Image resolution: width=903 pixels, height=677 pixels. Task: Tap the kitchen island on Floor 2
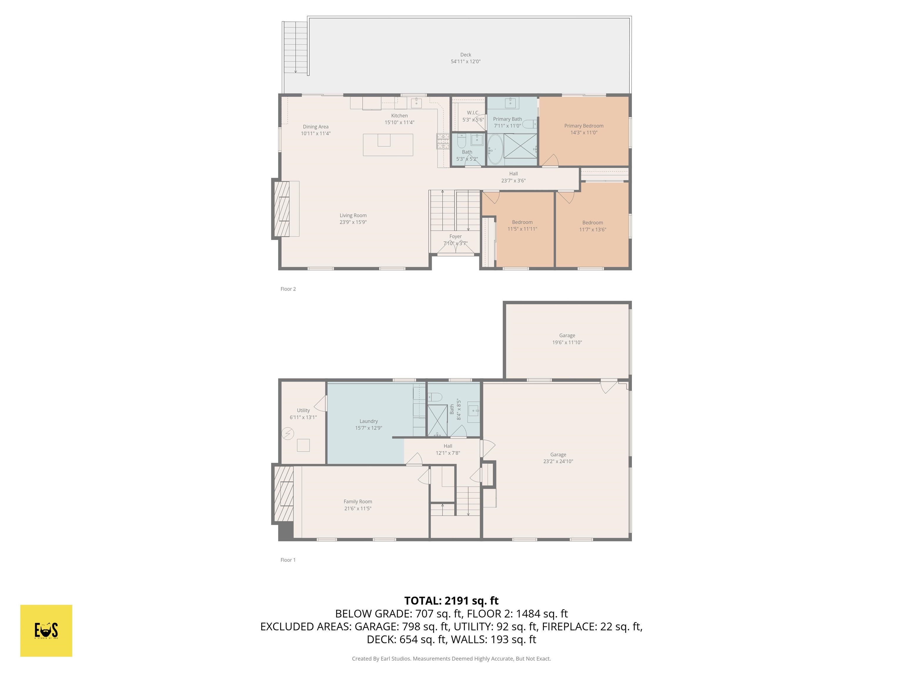click(388, 145)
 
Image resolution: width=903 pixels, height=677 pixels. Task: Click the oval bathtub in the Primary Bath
click(495, 149)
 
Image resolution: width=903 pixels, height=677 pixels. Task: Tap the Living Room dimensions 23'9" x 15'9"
click(353, 222)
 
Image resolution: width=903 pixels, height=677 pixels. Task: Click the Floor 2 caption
click(288, 289)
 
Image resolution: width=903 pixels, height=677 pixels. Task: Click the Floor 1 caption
click(288, 560)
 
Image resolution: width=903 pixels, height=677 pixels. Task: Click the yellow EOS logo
click(46, 631)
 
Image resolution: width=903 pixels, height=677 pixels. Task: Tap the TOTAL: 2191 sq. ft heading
click(451, 601)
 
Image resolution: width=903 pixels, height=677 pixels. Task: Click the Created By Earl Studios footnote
click(451, 659)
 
